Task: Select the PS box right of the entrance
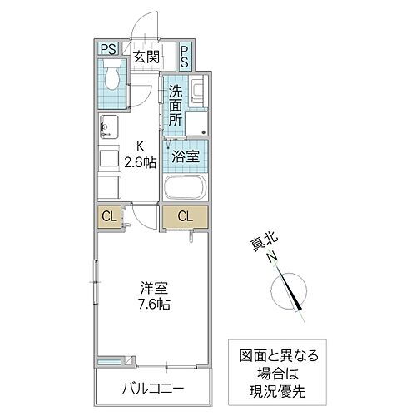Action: tap(185, 56)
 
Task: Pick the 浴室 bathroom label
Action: tap(185, 156)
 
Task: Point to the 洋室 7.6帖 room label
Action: tap(155, 297)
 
